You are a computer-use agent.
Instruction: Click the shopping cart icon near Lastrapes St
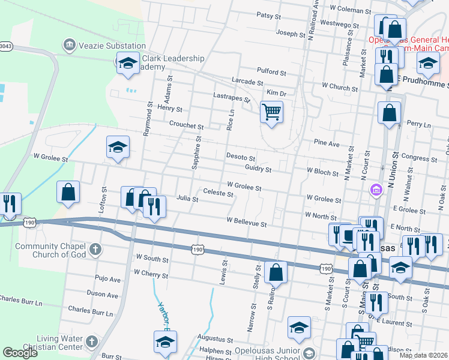pyautogui.click(x=272, y=111)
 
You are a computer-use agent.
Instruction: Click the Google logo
pyautogui.click(x=20, y=353)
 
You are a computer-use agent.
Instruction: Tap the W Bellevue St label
pyautogui.click(x=246, y=221)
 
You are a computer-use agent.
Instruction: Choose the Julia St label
pyautogui.click(x=187, y=198)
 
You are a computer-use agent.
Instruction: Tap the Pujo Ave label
pyautogui.click(x=108, y=279)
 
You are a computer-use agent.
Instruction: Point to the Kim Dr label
pyautogui.click(x=277, y=94)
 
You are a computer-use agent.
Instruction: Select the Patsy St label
pyautogui.click(x=268, y=15)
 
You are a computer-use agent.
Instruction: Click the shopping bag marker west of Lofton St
pyautogui.click(x=68, y=192)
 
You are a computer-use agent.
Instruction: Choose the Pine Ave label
pyautogui.click(x=327, y=144)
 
